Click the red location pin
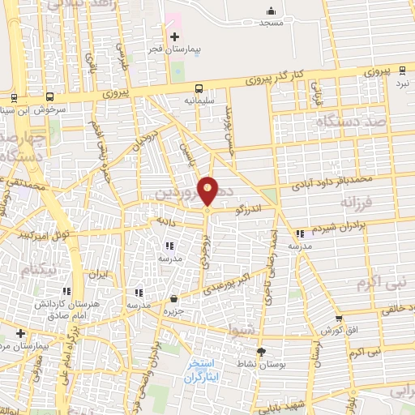(x=208, y=191)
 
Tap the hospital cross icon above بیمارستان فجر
(x=175, y=36)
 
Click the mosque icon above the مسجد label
(x=272, y=11)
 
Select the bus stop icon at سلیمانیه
(x=199, y=88)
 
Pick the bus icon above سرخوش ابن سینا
(x=50, y=96)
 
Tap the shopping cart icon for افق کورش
(x=339, y=318)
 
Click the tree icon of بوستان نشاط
(x=261, y=351)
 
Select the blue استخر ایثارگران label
(x=203, y=370)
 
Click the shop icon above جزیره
(x=174, y=299)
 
